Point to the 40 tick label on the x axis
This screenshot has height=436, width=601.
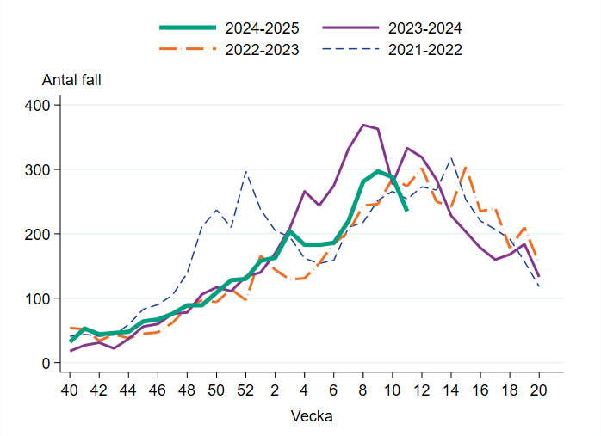point(70,388)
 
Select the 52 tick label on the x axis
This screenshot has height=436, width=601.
point(245,388)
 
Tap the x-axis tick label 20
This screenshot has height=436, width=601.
point(539,388)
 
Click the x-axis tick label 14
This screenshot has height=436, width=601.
point(451,388)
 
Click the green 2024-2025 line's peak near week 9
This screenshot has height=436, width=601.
point(378,171)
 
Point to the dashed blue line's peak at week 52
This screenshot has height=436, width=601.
point(245,171)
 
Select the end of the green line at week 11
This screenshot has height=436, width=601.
point(406,210)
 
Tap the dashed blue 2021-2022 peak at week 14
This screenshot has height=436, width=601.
point(451,158)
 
